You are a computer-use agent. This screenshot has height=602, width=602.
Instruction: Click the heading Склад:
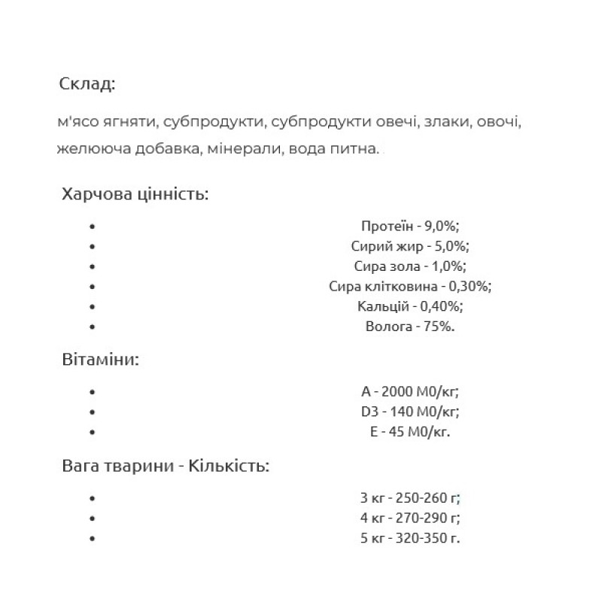[x=87, y=84]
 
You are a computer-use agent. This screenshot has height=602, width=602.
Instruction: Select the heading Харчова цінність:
[x=135, y=194]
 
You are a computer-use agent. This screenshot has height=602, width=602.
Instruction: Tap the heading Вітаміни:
[x=101, y=360]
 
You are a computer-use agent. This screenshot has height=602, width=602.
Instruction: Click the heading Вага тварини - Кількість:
[x=166, y=466]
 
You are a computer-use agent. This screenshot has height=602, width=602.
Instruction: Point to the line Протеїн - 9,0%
[x=410, y=226]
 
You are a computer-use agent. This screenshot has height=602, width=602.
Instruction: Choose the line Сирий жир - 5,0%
[x=410, y=246]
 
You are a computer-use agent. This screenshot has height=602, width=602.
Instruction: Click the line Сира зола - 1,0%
[x=410, y=266]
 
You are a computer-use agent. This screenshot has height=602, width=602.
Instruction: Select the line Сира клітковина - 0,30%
[x=410, y=287]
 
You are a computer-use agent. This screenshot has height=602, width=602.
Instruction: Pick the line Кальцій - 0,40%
[x=410, y=307]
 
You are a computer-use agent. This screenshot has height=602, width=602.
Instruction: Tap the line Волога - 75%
[x=410, y=327]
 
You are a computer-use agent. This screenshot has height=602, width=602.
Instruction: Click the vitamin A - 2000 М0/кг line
[x=410, y=392]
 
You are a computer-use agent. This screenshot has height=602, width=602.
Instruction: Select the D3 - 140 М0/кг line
[x=410, y=412]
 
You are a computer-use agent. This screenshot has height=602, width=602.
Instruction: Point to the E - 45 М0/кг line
[x=410, y=433]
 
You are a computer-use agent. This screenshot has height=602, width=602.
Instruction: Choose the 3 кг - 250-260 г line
[x=410, y=498]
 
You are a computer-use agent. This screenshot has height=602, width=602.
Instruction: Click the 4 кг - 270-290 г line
[x=410, y=518]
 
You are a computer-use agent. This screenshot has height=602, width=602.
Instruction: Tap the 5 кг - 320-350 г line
[x=410, y=539]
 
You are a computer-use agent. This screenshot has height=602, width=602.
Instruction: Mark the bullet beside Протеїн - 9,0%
[x=93, y=226]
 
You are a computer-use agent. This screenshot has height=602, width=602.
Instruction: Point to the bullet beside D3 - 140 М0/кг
[x=93, y=412]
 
